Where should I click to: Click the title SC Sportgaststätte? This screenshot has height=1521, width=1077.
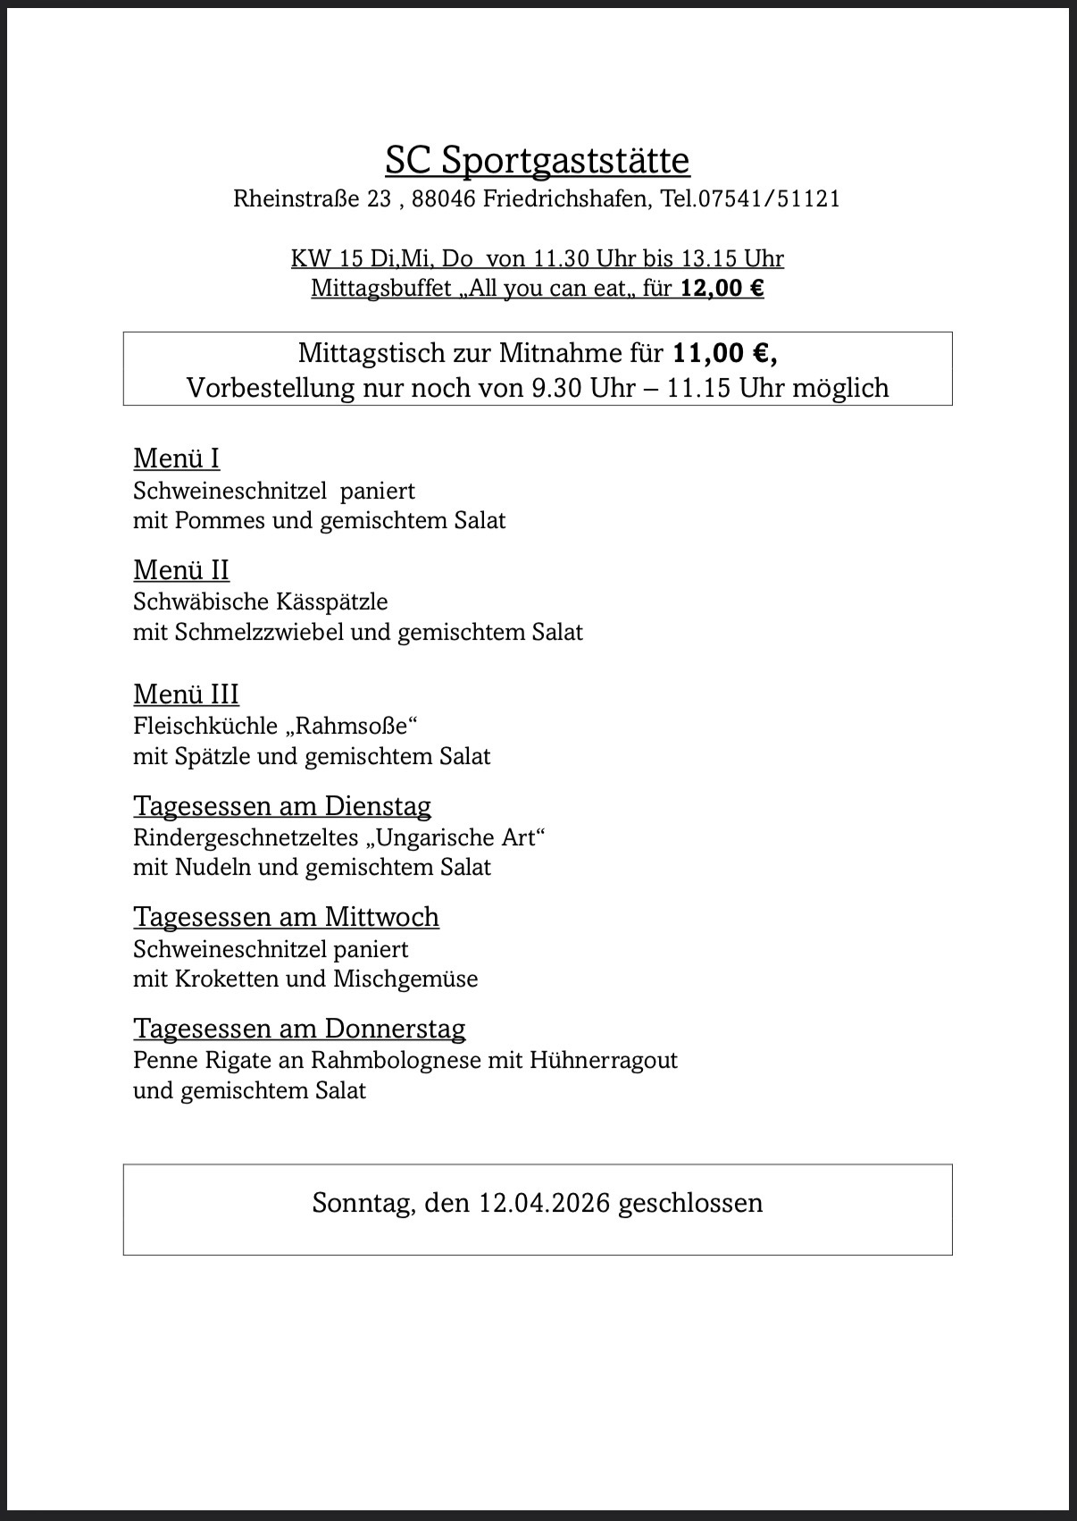pos(538,161)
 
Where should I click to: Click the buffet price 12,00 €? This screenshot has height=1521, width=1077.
pos(722,289)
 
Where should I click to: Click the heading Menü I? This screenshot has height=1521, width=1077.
pos(176,458)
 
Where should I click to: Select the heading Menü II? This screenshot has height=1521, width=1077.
pos(181,570)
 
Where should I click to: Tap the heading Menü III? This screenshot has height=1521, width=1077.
pos(186,694)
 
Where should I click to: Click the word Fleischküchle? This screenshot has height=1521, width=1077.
pos(205,726)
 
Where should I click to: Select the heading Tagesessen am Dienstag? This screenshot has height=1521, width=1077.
pos(282,806)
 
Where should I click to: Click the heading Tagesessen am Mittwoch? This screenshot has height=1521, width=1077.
pos(286,917)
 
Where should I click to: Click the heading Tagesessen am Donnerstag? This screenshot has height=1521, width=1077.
pos(299,1029)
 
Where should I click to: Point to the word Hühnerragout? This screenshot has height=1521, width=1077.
pos(604,1060)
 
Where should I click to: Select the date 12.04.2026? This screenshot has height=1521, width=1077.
pos(544,1203)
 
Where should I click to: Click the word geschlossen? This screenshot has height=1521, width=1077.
pos(690,1203)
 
